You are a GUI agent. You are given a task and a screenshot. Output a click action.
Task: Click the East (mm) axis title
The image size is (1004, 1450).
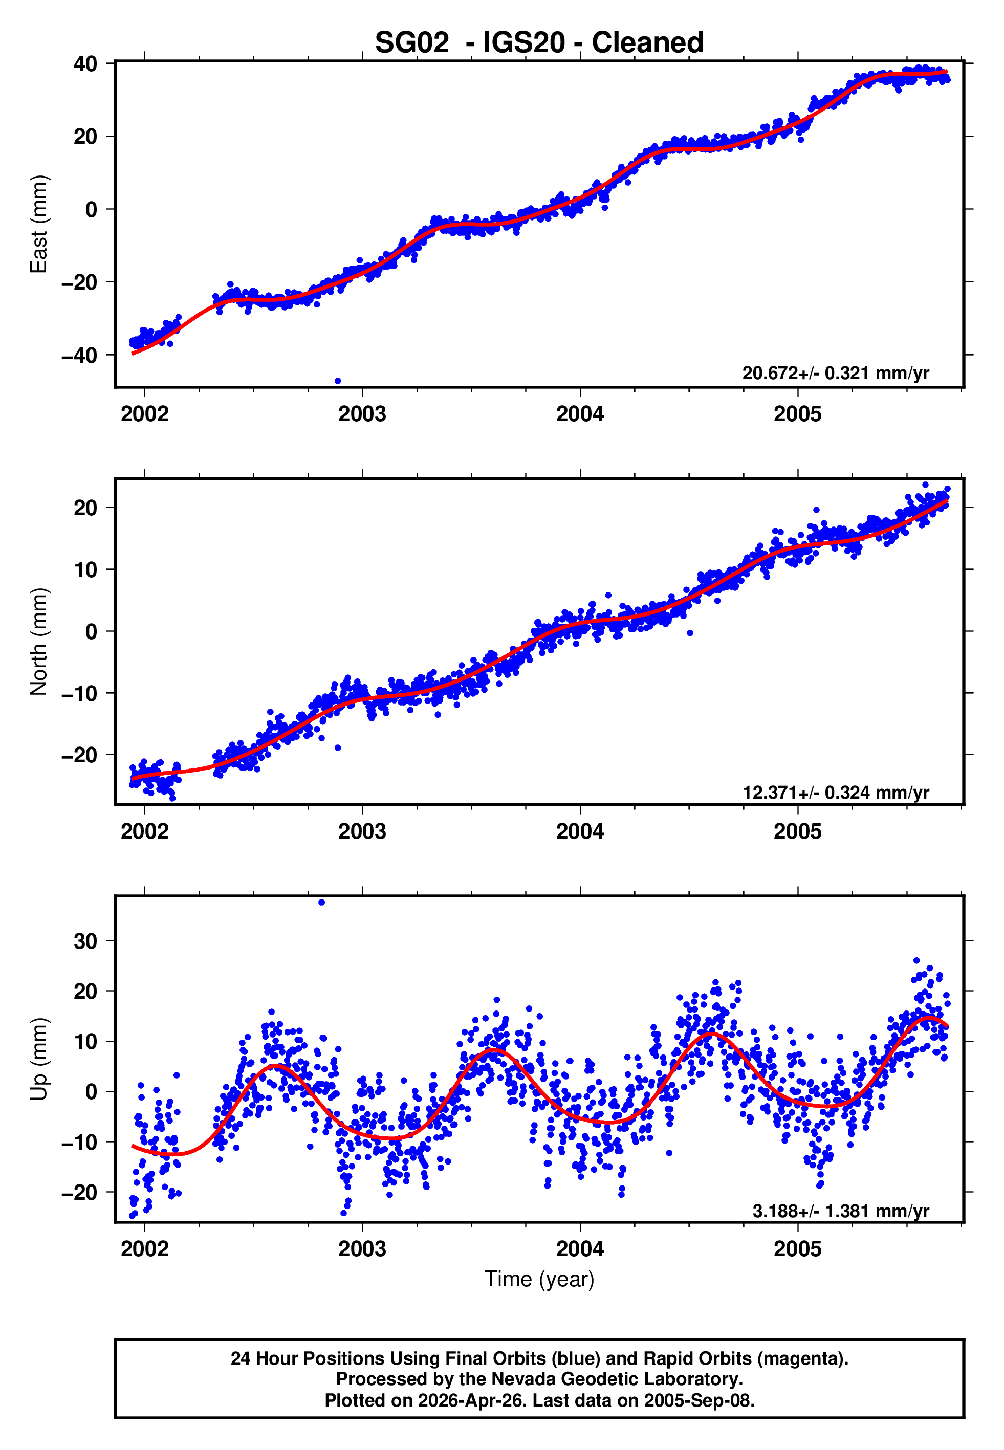pos(39,224)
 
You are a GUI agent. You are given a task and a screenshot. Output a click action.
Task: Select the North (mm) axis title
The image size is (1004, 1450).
pos(39,642)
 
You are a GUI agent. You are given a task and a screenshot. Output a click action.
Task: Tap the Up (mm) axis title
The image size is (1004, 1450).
pos(39,1059)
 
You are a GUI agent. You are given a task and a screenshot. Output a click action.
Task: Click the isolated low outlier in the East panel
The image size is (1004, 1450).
pos(338,381)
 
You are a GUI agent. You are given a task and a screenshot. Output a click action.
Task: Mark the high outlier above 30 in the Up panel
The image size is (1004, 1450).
pos(321,903)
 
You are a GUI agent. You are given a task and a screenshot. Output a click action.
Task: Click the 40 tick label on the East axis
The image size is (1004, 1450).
pos(85,63)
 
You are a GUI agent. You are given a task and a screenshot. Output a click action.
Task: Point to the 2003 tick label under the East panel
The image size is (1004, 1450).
pos(362,414)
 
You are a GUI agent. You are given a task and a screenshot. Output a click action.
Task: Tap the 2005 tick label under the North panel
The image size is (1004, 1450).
pos(797,831)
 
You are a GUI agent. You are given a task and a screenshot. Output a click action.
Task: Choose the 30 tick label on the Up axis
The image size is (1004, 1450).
pos(85,941)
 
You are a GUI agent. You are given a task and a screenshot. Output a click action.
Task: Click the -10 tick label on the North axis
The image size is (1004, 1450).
pos(79,693)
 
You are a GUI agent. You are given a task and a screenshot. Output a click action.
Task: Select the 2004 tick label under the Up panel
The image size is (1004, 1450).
pos(579,1249)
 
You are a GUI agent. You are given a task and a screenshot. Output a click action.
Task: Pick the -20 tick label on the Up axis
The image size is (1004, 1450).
pos(79,1192)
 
